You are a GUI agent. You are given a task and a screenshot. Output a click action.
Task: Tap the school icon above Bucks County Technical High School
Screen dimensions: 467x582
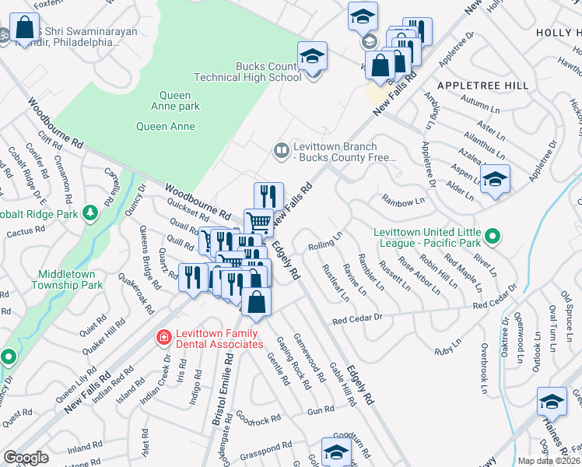click(x=312, y=57)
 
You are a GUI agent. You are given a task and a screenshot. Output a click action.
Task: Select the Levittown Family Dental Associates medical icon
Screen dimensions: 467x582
click(x=163, y=338)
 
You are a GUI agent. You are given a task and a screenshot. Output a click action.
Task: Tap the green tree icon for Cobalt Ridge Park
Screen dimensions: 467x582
click(x=90, y=212)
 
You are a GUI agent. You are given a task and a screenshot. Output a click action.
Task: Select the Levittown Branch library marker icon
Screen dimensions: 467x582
click(x=280, y=149)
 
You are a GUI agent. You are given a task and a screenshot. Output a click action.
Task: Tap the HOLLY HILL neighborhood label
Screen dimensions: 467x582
click(x=559, y=33)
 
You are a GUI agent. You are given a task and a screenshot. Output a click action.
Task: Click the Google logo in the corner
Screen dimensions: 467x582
click(x=26, y=458)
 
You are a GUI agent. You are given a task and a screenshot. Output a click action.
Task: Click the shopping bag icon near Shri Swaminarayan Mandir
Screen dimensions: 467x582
click(x=25, y=28)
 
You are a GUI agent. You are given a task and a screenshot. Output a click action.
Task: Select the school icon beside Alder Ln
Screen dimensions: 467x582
click(x=495, y=181)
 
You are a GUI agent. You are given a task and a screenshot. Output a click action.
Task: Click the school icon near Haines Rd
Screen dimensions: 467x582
click(x=551, y=402)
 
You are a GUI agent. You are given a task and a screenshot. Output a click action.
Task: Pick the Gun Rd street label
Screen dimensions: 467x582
click(x=321, y=410)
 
